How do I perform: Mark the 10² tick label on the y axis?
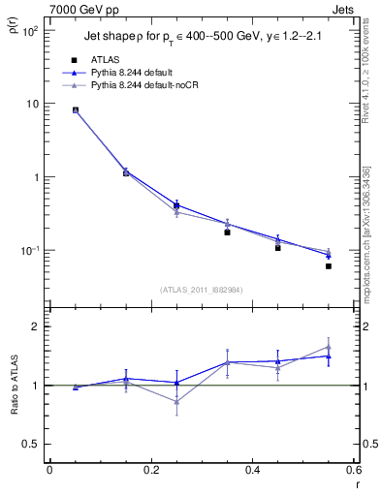(x=29, y=31)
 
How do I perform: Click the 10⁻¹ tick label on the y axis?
(x=29, y=251)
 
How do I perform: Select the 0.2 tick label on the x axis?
(x=150, y=470)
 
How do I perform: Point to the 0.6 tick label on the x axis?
(x=354, y=470)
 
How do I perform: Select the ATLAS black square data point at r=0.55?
(x=329, y=266)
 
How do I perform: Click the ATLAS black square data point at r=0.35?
(x=227, y=232)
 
